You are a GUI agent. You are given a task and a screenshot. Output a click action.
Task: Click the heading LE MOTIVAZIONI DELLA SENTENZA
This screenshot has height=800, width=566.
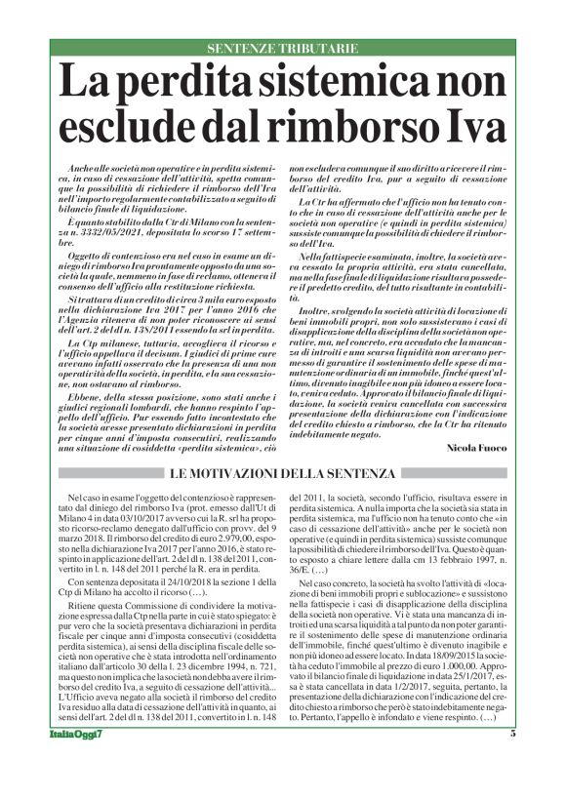(283, 474)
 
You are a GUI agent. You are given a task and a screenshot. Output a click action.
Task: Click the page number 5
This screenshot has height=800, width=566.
(512, 761)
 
